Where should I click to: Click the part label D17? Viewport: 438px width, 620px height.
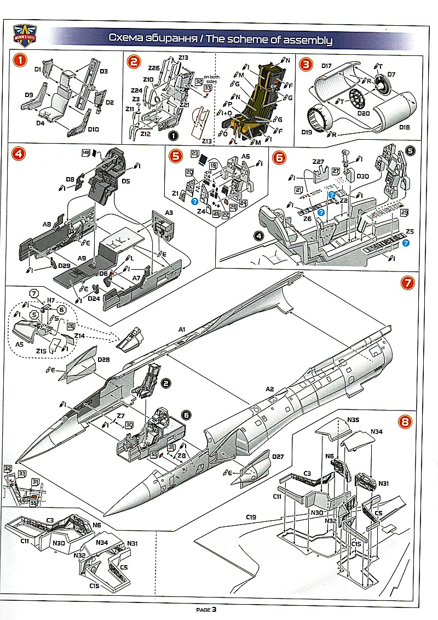[327, 66]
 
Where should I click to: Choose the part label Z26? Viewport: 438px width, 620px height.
[154, 68]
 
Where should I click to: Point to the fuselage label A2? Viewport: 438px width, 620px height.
[269, 389]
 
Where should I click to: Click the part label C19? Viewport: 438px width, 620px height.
[252, 517]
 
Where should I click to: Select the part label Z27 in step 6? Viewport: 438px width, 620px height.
[319, 162]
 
